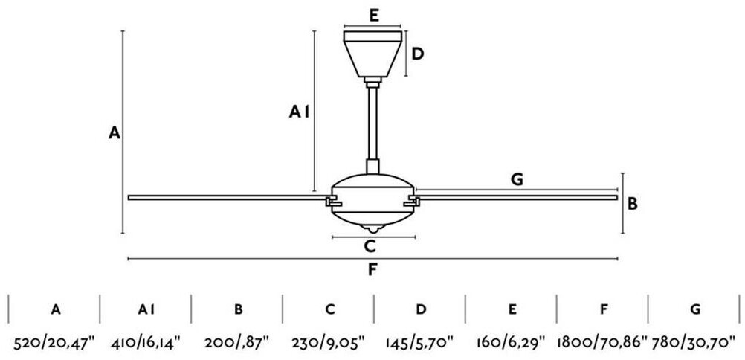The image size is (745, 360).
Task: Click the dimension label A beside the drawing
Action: pos(114,133)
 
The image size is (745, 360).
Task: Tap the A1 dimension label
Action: pos(300,112)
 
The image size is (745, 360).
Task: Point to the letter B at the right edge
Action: pos(633,203)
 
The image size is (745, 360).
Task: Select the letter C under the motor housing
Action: pos(370,246)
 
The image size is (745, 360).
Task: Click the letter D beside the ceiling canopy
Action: pos(418,54)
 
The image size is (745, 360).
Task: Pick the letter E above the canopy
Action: pos(373,14)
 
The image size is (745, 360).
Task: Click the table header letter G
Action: pos(694,308)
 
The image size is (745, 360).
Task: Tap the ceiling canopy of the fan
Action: pos(373,54)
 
